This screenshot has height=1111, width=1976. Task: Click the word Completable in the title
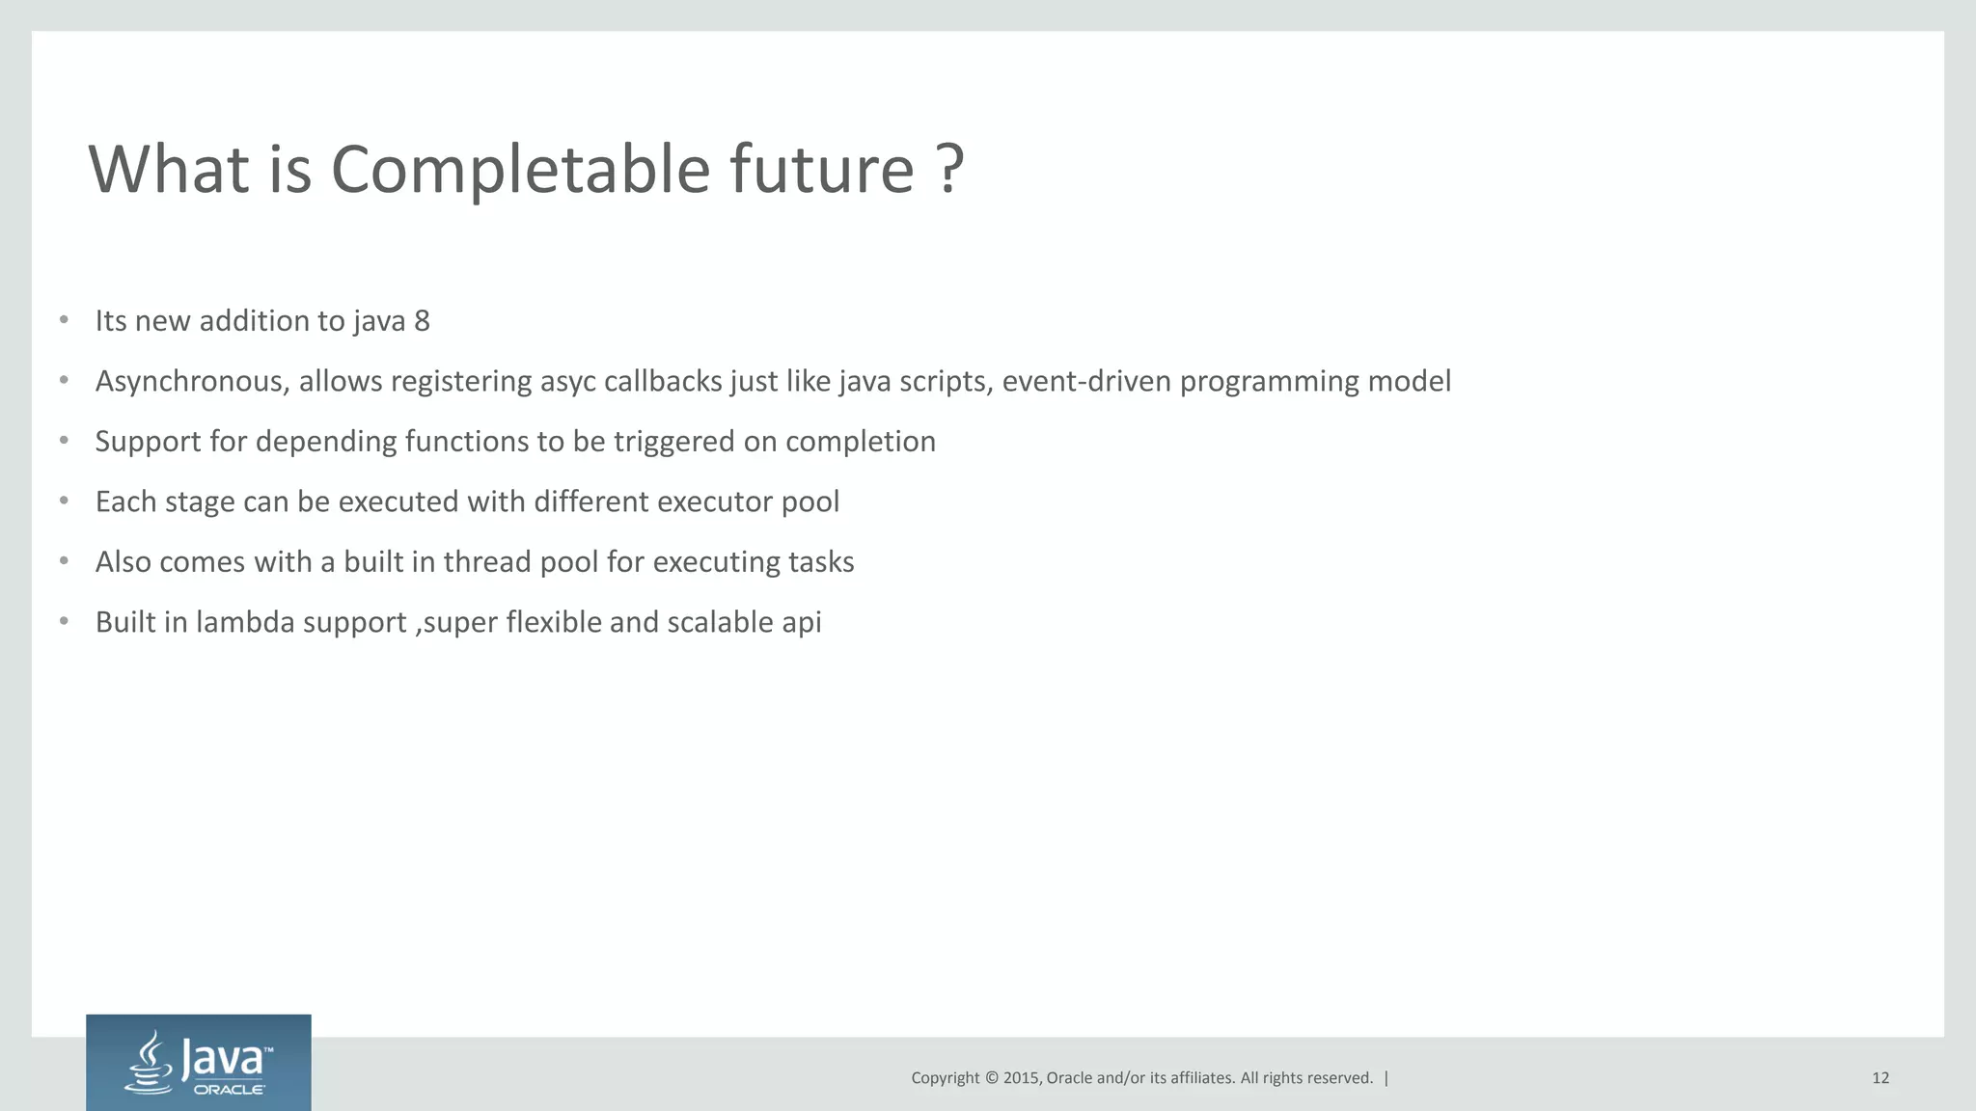tap(520, 170)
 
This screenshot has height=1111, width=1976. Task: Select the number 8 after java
tap(422, 321)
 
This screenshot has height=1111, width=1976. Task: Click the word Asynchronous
tap(192, 382)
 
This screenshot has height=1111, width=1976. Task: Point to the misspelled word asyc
tap(567, 382)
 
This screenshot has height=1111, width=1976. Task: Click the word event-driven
tap(1086, 382)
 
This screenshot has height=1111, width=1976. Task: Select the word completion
tap(861, 442)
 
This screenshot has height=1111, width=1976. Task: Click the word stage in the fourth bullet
tap(200, 502)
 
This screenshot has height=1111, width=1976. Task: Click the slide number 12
tap(1880, 1078)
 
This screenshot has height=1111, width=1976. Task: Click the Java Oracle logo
tap(199, 1063)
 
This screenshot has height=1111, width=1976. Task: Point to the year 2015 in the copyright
tap(1022, 1078)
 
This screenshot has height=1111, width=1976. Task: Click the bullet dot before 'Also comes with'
tap(64, 561)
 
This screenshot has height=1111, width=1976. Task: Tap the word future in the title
tap(821, 170)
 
